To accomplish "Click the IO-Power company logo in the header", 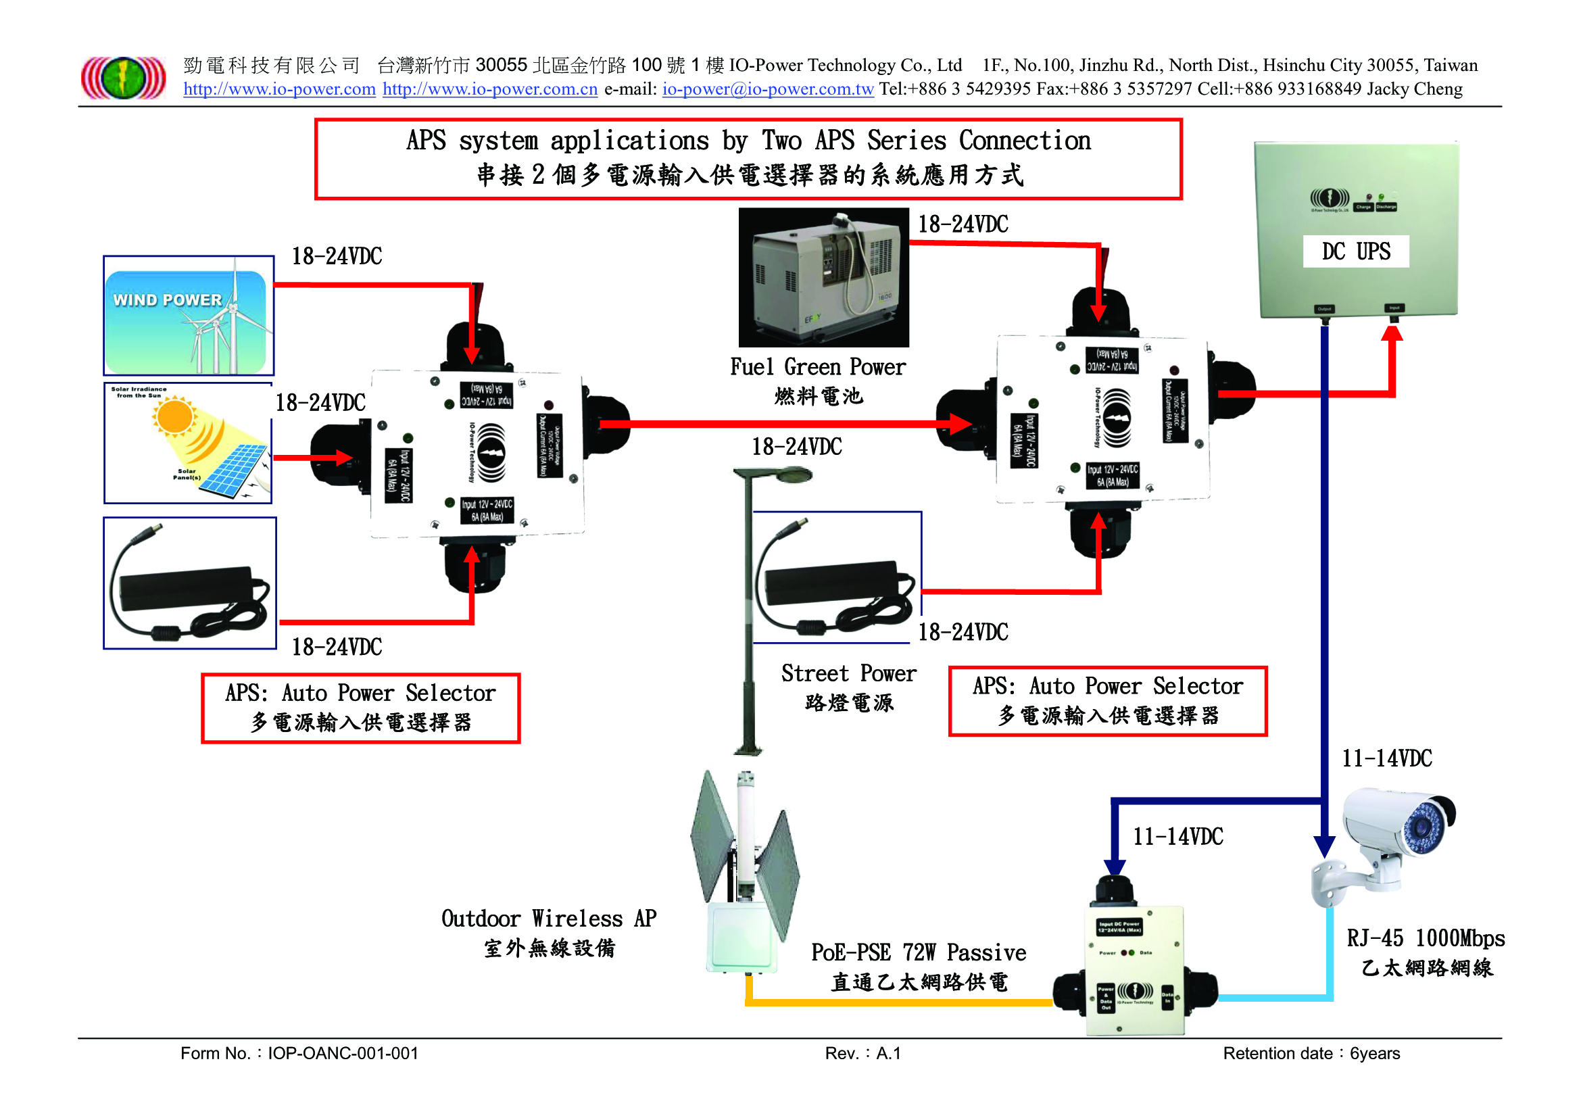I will (x=123, y=77).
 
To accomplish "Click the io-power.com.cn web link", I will (x=489, y=89).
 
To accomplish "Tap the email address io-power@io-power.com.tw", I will (x=768, y=89).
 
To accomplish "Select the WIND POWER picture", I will (x=189, y=316).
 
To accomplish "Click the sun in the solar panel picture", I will (x=174, y=416).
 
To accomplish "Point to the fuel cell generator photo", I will (x=823, y=277).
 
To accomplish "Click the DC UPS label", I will (x=1355, y=251).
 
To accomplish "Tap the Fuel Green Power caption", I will (x=817, y=367).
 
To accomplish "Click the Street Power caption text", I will (x=848, y=673).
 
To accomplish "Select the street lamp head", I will (x=785, y=475).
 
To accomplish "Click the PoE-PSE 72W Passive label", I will (x=918, y=953).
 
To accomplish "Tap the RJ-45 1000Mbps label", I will (x=1426, y=938).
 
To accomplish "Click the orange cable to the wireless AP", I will (x=895, y=1002).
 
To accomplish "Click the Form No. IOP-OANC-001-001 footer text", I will (x=299, y=1053).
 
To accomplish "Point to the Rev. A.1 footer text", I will (x=862, y=1053).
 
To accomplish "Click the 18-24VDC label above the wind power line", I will (x=337, y=256).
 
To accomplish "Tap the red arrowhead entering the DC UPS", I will (x=1392, y=333).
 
